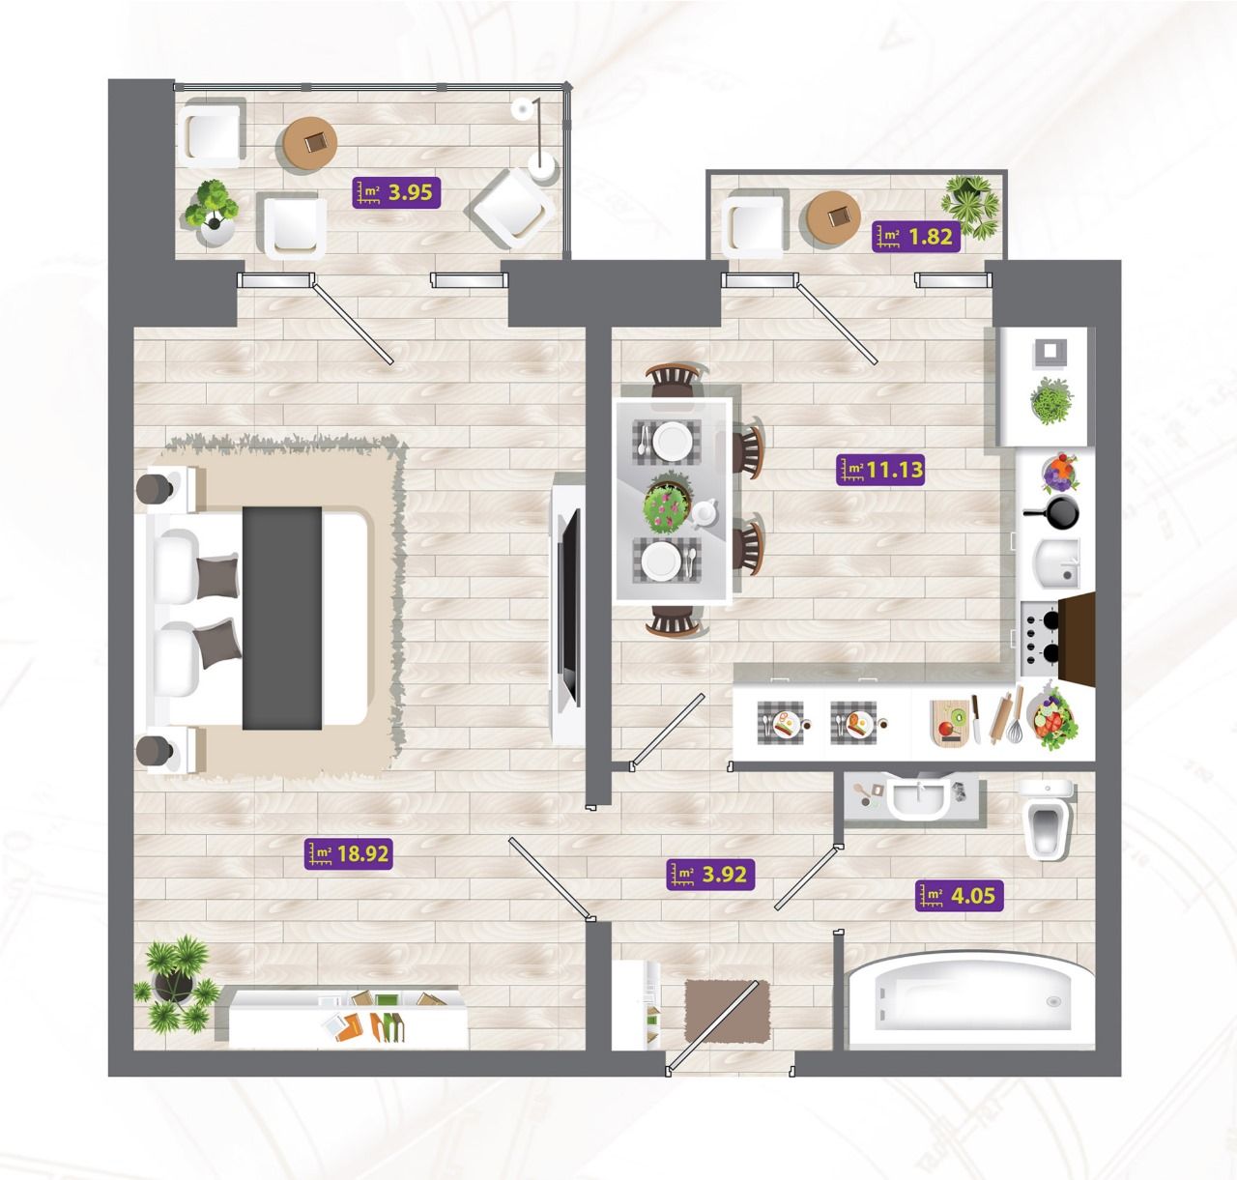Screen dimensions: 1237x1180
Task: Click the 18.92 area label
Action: pos(349,854)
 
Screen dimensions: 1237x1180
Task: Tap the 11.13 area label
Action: pos(880,470)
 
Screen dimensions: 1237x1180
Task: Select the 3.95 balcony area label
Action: pos(396,192)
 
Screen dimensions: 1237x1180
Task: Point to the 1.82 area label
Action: pos(916,236)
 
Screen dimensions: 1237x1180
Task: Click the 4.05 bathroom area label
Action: pos(960,895)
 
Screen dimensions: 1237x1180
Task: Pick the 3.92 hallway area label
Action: pos(711,875)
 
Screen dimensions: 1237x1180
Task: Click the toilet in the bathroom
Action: pos(1047,819)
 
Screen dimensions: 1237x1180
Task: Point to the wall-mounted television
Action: pos(569,609)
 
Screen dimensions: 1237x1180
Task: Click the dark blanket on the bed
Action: pos(282,618)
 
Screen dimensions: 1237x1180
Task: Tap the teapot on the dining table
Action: pos(705,513)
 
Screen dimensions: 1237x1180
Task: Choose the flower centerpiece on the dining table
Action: pos(667,504)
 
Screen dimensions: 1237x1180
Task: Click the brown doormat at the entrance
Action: pos(728,1011)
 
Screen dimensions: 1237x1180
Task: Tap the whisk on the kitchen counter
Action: pos(1014,717)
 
